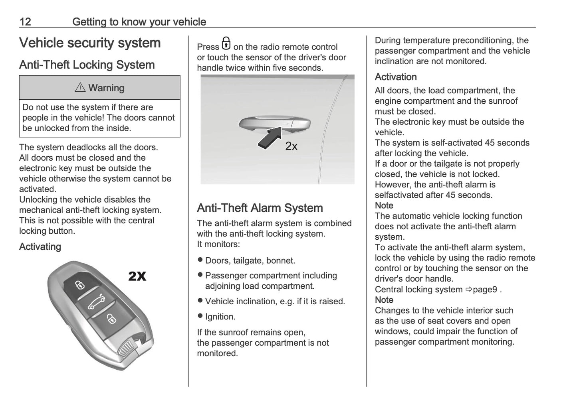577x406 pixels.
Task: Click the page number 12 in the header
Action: tap(25, 22)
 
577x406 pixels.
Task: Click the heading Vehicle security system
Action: tap(90, 43)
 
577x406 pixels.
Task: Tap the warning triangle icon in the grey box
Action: tap(80, 88)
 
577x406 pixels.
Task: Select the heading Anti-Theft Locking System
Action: tap(87, 65)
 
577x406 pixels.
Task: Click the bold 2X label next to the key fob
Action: tap(137, 276)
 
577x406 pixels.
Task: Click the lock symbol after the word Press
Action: tap(226, 44)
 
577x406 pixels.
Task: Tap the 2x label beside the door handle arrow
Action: tap(291, 146)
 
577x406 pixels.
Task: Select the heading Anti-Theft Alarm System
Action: tap(260, 208)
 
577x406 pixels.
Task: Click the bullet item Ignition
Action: tap(220, 317)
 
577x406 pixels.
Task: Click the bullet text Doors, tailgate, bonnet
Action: tap(250, 261)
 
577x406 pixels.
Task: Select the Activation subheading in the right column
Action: tap(395, 77)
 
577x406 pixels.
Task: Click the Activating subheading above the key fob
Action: tap(40, 246)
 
